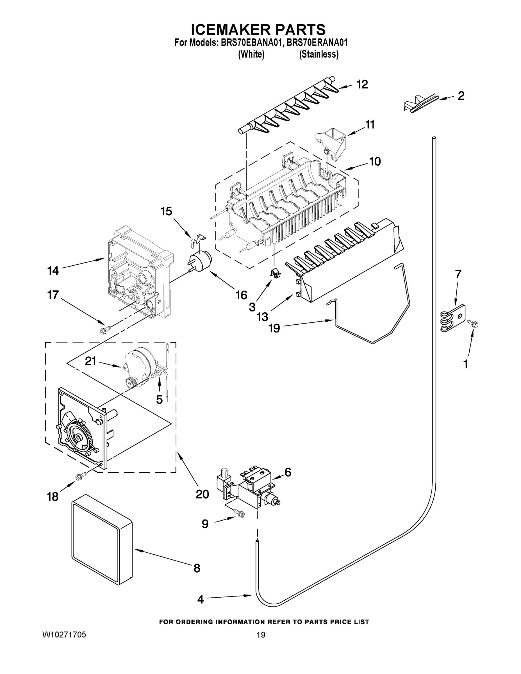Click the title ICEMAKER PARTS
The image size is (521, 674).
point(258,29)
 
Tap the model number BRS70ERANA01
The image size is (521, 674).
point(317,43)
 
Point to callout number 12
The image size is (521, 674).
point(362,84)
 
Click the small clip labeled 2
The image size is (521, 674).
point(420,103)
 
